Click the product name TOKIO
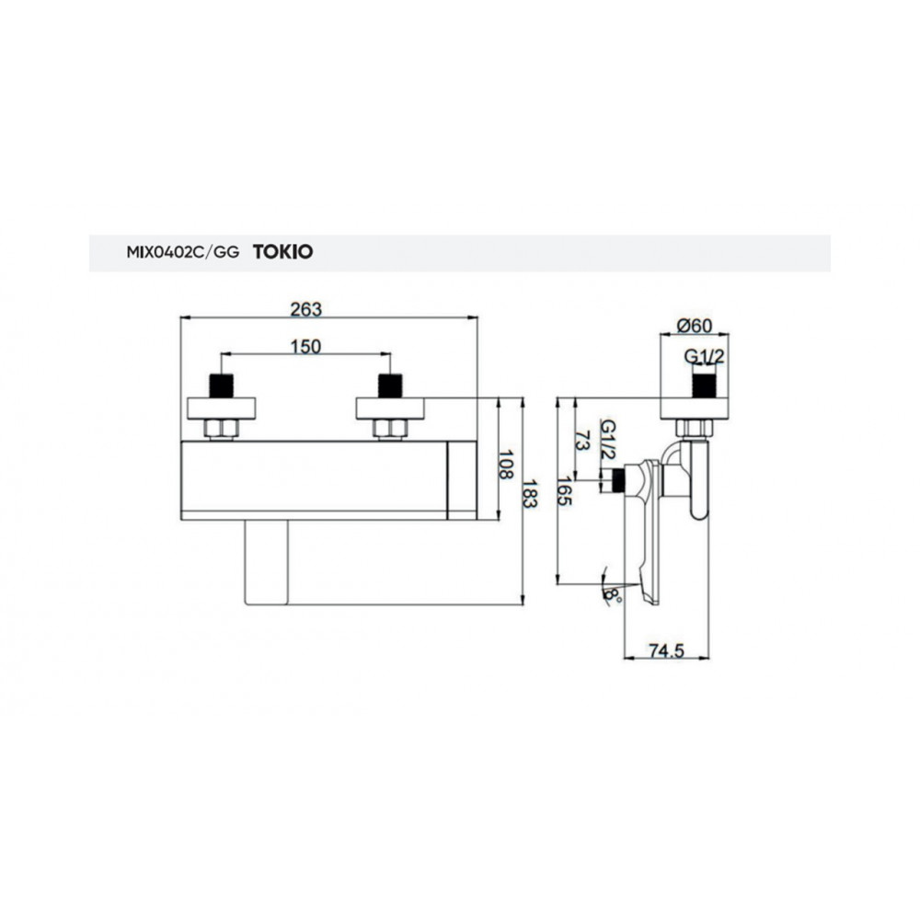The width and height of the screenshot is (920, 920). coord(282,252)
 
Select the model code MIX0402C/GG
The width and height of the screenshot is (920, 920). coord(183,252)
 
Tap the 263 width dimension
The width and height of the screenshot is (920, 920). coord(306,309)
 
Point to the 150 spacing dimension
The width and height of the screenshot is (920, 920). coord(306,347)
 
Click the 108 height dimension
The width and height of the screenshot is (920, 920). coord(505,464)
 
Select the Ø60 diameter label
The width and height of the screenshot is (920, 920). coord(694,325)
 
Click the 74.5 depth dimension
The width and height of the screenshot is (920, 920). coord(666,650)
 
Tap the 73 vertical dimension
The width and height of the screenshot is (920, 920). coord(582,440)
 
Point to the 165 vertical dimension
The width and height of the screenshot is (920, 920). coord(565,491)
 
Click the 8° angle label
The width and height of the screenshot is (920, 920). coord(612,597)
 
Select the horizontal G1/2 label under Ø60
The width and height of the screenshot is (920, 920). coord(704,356)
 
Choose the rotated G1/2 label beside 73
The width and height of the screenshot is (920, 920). coord(608,440)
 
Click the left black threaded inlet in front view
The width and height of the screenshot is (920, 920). coord(221,386)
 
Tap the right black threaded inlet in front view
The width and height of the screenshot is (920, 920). coord(390,386)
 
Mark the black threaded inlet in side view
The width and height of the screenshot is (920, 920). coord(705,386)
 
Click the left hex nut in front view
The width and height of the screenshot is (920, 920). coord(221,429)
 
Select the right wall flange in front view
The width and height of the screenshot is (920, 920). coord(390,409)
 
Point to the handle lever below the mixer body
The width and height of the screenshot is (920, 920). coord(267,562)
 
